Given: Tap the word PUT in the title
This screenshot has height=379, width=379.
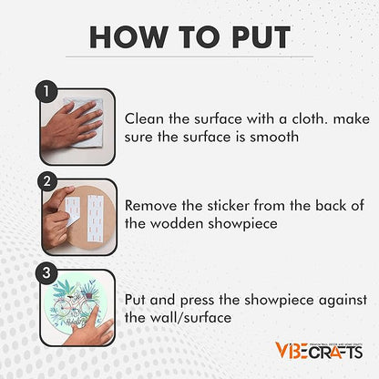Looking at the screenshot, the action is (261, 37).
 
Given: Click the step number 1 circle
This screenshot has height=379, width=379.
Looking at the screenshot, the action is (46, 91).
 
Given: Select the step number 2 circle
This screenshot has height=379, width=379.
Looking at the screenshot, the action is (47, 181).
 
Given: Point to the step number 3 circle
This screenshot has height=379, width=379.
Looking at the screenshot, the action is (46, 272).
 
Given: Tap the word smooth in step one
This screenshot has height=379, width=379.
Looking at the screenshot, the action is (274, 137).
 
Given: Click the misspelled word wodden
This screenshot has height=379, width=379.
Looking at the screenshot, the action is (177, 224).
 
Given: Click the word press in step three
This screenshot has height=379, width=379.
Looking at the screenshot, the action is (197, 301).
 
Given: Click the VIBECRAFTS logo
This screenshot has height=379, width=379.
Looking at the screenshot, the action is (319, 351).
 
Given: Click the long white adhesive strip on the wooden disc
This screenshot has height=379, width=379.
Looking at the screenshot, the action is (95, 218).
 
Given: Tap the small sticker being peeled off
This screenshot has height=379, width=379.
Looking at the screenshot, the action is (72, 210).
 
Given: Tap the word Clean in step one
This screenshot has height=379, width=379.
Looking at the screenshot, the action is (144, 118).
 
